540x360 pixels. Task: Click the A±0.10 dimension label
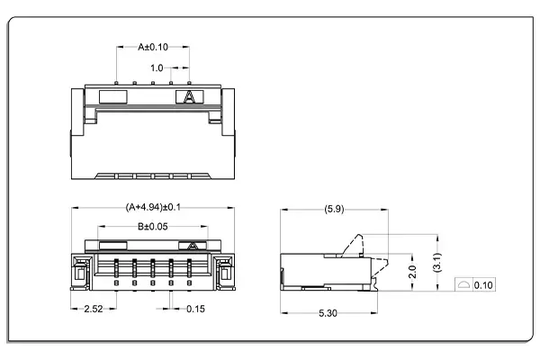coord(153,46)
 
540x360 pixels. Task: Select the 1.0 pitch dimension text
coord(157,67)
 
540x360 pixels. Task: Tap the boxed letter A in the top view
coord(190,96)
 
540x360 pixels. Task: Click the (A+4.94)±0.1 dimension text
coord(153,207)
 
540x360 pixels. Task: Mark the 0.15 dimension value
coord(195,309)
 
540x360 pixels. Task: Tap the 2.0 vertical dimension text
coord(410,271)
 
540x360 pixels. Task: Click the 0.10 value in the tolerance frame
coord(482,285)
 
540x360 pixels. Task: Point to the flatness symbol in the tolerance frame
coord(463,285)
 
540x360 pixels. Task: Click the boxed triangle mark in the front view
coord(191,245)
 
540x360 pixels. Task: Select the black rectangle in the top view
coord(112,95)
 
